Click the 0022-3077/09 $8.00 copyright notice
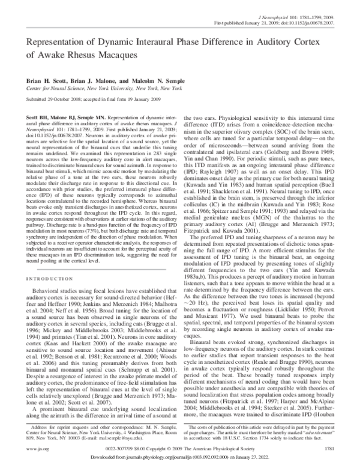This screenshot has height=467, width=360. tap(179, 447)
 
